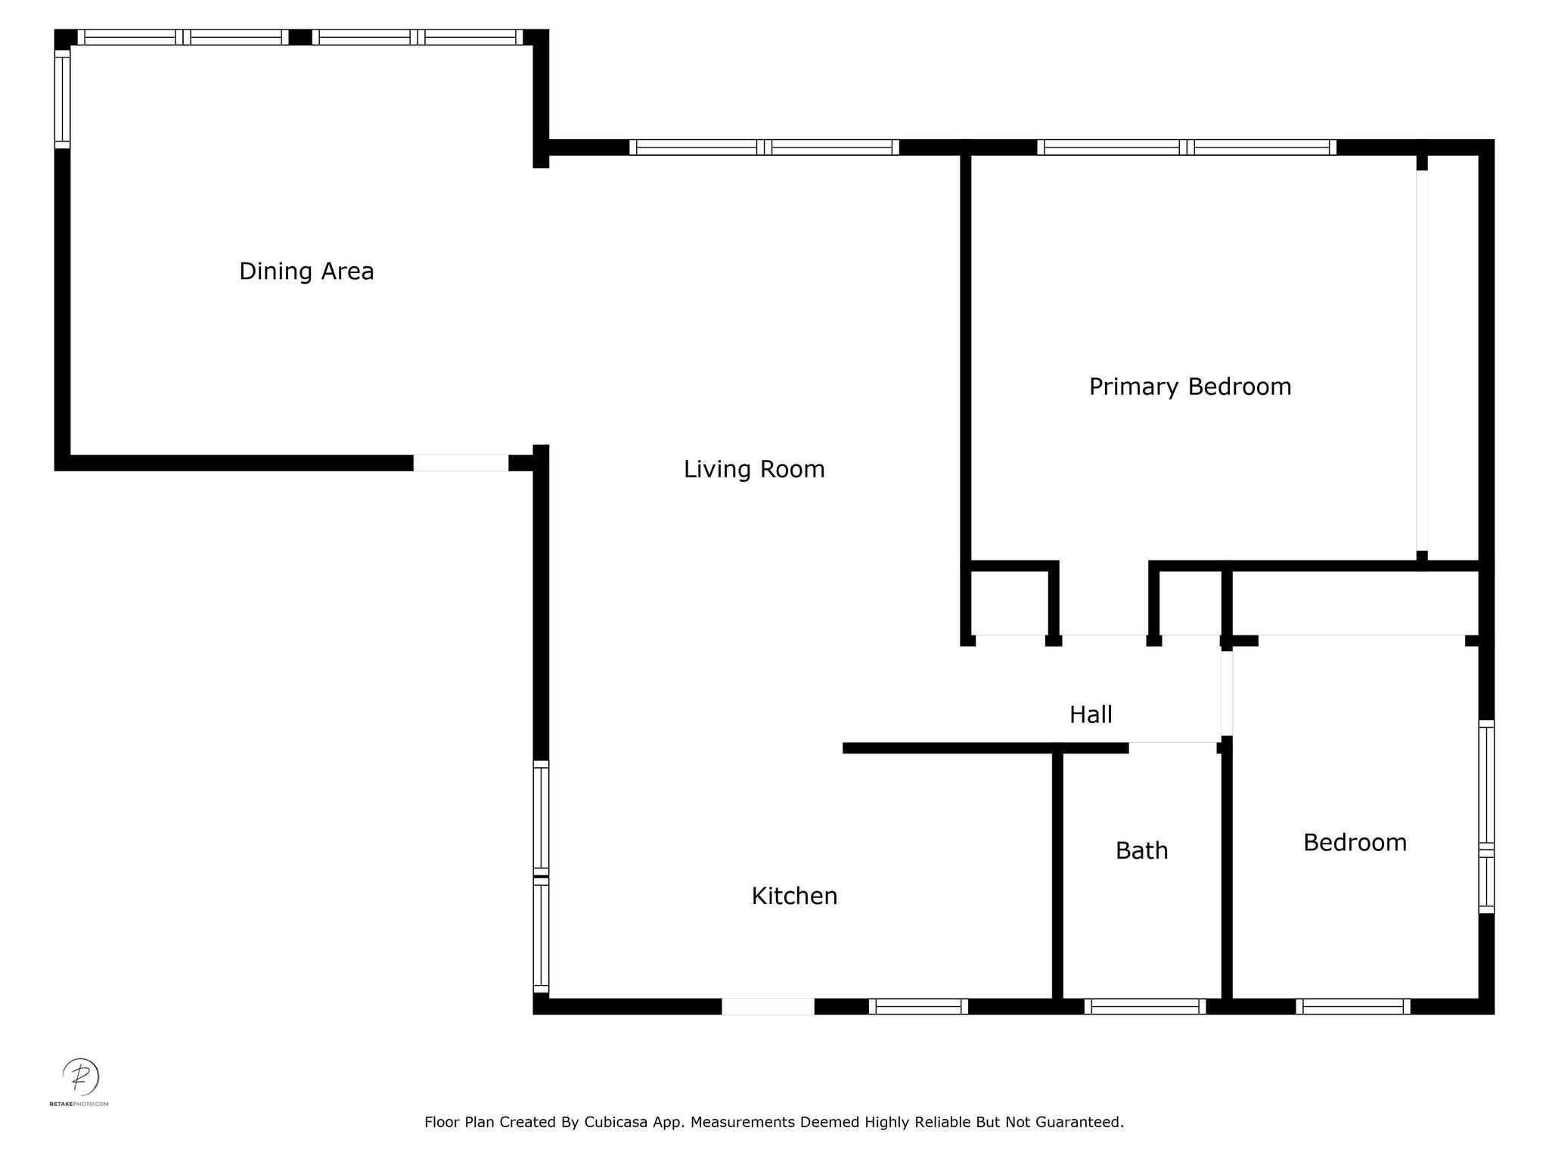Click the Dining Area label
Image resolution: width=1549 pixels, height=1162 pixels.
(306, 271)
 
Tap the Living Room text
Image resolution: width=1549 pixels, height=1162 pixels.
(754, 469)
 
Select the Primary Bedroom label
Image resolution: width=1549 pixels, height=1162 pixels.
(1190, 387)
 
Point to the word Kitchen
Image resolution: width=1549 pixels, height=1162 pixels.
(794, 896)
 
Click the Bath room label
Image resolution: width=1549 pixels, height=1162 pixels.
(1141, 850)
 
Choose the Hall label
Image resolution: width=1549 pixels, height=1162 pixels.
(1090, 714)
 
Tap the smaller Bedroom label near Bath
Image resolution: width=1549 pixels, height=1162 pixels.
(1355, 842)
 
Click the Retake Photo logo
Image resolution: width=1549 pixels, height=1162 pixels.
(80, 1077)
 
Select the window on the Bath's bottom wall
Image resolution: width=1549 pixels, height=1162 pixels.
(1144, 1006)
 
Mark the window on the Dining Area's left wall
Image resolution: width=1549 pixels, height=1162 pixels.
(62, 99)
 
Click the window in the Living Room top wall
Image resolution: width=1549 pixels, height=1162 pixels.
(764, 148)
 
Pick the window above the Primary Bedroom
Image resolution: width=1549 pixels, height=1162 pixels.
(1186, 148)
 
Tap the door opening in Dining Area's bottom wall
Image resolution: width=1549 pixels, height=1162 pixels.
(461, 463)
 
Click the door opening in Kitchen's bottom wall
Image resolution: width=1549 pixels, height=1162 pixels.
(768, 1006)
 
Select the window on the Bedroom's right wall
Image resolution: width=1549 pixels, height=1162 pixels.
(1486, 817)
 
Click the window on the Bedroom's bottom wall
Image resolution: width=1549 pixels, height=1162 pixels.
(1352, 1006)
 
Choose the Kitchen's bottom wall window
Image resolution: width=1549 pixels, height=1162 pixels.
(918, 1006)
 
